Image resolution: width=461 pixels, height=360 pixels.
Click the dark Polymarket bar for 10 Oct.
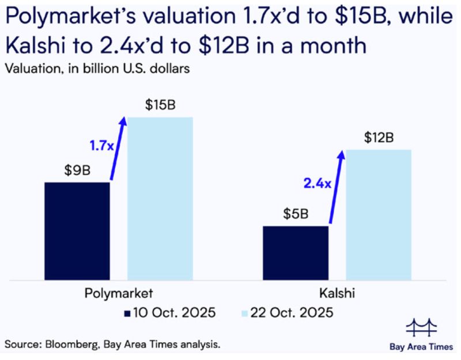pyautogui.click(x=77, y=231)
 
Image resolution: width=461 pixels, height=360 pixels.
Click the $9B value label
pyautogui.click(x=77, y=172)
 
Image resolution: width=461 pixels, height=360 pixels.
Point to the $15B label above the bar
pyautogui.click(x=160, y=106)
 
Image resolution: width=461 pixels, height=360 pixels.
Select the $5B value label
pyautogui.click(x=296, y=215)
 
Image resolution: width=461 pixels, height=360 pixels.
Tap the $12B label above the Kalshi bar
pyautogui.click(x=379, y=138)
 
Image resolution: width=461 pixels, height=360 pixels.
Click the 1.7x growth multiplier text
pyautogui.click(x=101, y=146)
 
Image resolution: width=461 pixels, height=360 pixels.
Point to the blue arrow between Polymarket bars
pyautogui.click(x=116, y=149)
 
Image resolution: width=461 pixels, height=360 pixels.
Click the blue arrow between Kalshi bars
pyautogui.click(x=336, y=187)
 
